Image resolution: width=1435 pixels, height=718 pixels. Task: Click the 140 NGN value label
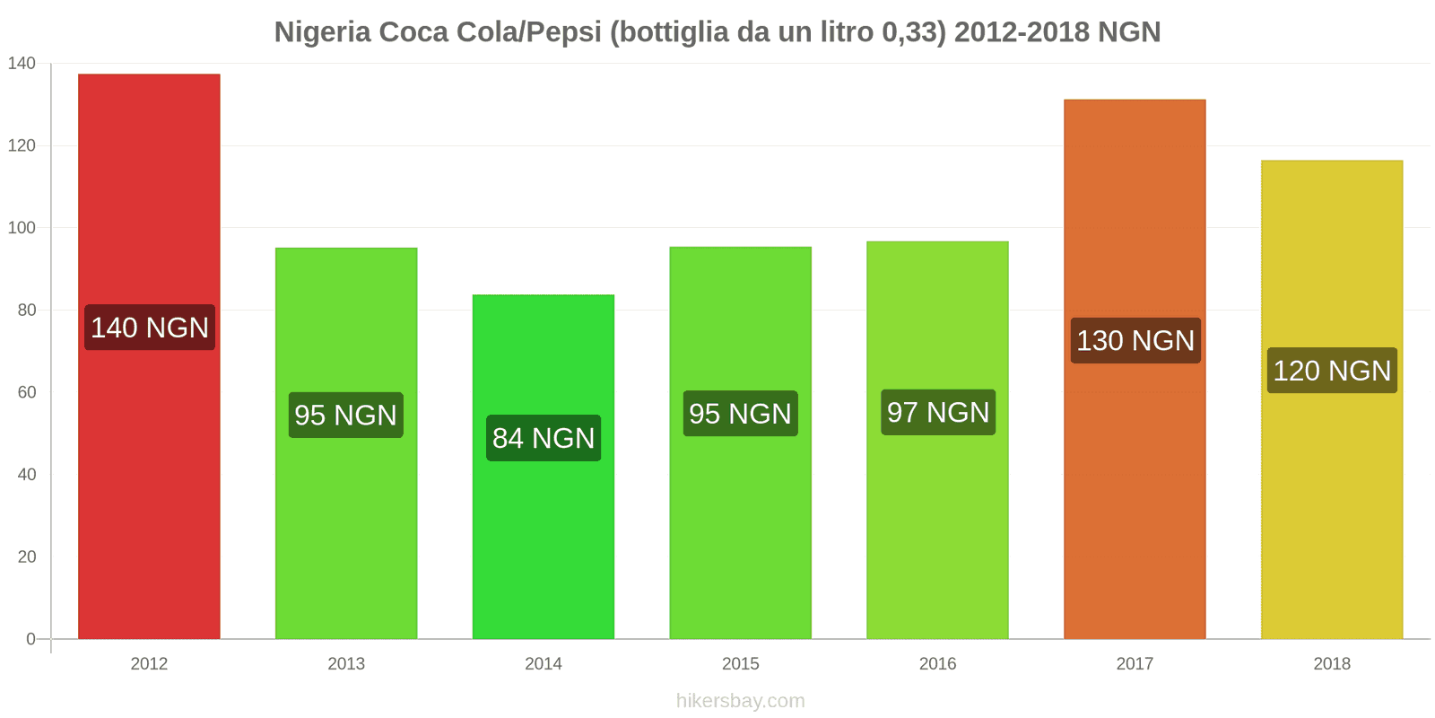(150, 328)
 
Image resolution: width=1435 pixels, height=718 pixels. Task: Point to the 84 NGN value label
(544, 438)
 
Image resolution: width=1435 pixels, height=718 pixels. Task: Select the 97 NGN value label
(938, 413)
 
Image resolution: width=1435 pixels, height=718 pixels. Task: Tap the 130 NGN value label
(1135, 341)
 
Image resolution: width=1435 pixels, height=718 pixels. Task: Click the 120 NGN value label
(1332, 371)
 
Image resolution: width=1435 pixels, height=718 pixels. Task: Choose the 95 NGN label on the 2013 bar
(346, 416)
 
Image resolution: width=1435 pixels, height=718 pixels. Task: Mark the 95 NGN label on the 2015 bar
(740, 414)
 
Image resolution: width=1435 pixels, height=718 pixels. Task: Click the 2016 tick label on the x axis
(937, 664)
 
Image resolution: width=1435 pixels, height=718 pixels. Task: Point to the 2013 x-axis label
(346, 664)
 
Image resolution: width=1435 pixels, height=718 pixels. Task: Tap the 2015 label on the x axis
(740, 664)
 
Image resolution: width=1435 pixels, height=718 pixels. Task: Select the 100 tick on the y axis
(22, 228)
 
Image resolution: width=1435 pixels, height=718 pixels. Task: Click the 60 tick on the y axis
(26, 392)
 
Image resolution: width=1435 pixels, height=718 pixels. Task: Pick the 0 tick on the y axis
(30, 639)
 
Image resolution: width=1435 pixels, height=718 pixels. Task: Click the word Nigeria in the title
(322, 32)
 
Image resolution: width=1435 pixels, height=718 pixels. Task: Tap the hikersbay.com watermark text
(741, 701)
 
